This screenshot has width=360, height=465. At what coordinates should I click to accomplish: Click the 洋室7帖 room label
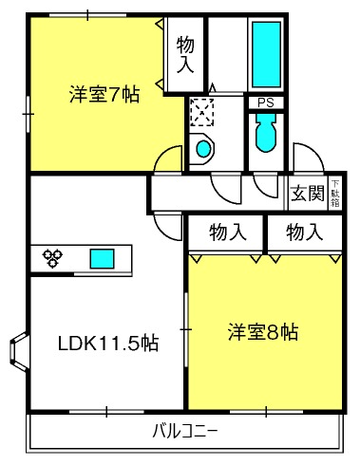(104, 95)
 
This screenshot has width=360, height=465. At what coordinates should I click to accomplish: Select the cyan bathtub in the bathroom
(267, 52)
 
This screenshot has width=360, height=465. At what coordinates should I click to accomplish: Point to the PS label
(265, 103)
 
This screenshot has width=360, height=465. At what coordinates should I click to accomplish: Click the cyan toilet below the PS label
(265, 133)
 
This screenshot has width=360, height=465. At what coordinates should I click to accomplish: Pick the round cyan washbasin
(202, 148)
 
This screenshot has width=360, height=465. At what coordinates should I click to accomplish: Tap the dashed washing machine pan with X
(202, 113)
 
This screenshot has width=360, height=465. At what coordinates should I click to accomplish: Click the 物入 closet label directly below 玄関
(306, 231)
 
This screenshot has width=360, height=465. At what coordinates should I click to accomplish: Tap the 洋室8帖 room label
(263, 333)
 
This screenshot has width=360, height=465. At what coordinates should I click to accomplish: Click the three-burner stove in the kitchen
(53, 256)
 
